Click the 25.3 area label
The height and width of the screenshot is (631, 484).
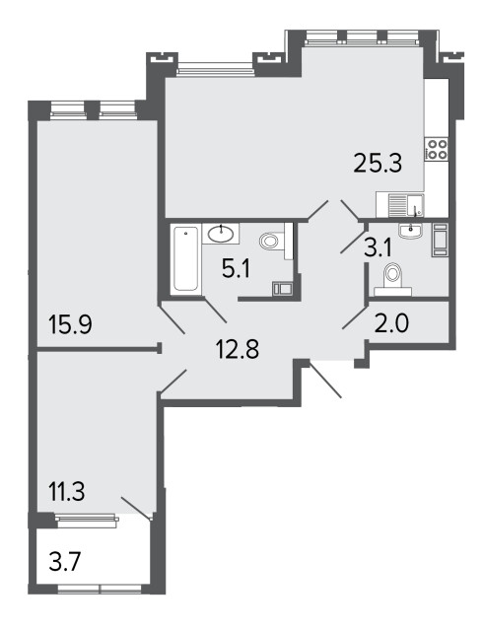point(378,164)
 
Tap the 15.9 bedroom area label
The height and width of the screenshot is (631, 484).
point(70,324)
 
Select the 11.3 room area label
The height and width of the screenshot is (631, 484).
point(66,492)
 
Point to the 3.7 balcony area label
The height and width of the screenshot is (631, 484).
point(65,562)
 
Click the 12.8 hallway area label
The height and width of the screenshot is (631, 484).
point(238,348)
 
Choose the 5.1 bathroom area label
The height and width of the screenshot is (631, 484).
point(237,269)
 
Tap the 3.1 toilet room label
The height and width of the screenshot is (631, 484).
point(378,248)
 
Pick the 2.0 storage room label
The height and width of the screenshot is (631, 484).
point(391,323)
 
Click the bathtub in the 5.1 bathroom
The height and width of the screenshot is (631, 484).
point(185,258)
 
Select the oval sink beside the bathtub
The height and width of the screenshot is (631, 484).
point(221,234)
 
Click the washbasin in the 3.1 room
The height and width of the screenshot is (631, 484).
point(410,231)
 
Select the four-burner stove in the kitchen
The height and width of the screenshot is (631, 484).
point(437,149)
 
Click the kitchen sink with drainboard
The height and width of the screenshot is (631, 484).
point(400,205)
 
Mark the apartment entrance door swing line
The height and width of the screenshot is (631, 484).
point(325,379)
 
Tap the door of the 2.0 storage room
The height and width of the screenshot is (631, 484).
point(354,317)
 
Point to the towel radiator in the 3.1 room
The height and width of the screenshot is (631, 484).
point(440,240)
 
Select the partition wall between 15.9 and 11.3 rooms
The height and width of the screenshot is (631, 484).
point(98,349)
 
